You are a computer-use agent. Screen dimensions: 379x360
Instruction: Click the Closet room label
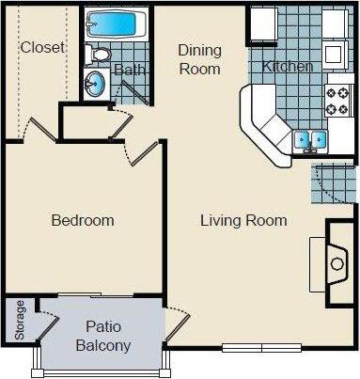(42, 47)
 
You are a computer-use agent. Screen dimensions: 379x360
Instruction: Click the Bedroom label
(83, 221)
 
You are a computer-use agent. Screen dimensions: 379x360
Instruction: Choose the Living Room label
(243, 221)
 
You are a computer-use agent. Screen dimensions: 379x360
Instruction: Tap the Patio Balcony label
(102, 337)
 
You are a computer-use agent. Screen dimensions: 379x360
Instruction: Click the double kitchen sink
(308, 141)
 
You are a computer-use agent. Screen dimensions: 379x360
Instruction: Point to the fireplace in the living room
(337, 263)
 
